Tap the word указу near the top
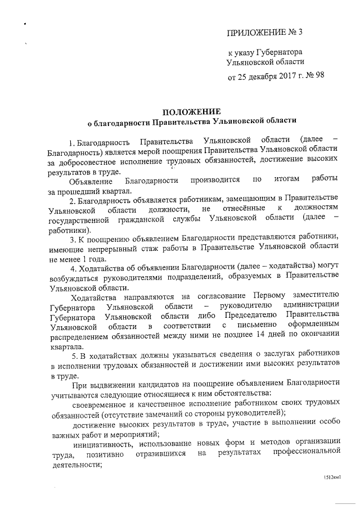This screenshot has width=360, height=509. (246, 52)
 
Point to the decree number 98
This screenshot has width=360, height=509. (318, 75)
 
